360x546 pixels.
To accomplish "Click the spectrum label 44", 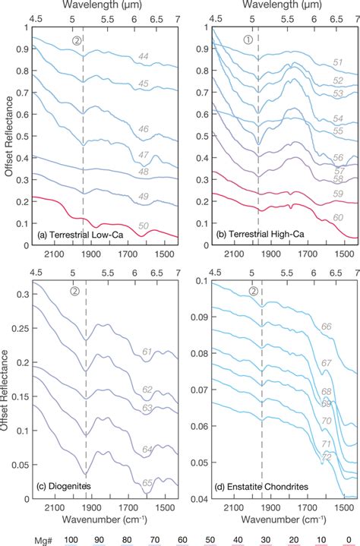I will tap(142, 56).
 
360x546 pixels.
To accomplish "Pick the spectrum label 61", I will tap(148, 352).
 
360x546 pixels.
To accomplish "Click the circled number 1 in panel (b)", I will tap(247, 40).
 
